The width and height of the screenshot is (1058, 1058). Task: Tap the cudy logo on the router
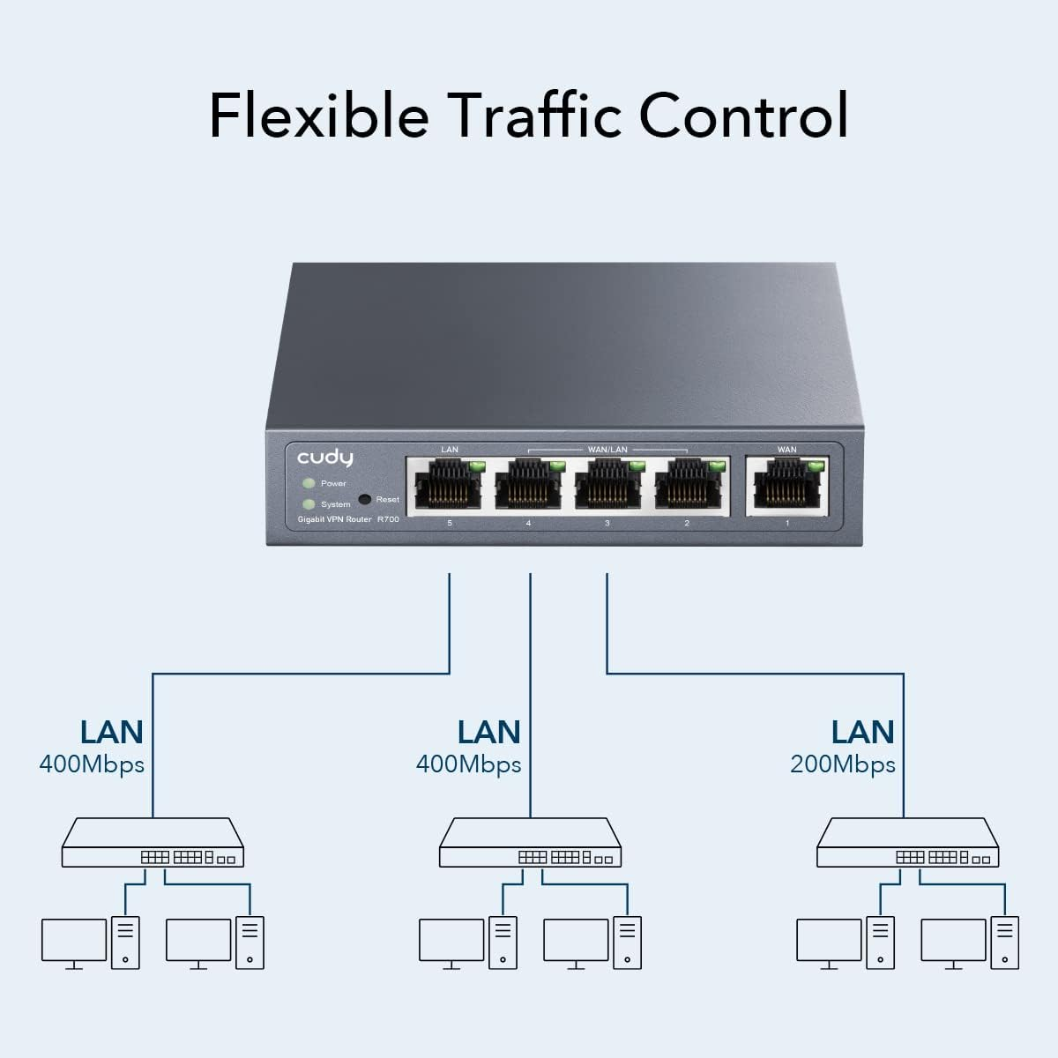pyautogui.click(x=324, y=458)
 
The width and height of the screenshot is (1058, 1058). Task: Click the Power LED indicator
pyautogui.click(x=309, y=483)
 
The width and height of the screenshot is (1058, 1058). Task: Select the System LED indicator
pyautogui.click(x=309, y=504)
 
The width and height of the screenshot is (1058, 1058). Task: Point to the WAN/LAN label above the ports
pyautogui.click(x=607, y=450)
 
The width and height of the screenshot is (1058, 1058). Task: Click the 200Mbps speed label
pyautogui.click(x=843, y=764)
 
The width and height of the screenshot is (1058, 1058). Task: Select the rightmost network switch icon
pyautogui.click(x=908, y=844)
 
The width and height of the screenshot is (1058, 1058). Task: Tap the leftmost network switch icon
pyautogui.click(x=153, y=844)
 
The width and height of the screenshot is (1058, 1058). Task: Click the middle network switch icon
pyautogui.click(x=531, y=844)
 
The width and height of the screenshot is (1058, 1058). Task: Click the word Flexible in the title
pyautogui.click(x=319, y=115)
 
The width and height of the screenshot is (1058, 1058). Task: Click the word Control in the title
pyautogui.click(x=744, y=115)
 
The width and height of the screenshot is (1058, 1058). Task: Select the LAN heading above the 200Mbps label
pyautogui.click(x=862, y=732)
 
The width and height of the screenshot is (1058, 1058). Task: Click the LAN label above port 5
pyautogui.click(x=450, y=450)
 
